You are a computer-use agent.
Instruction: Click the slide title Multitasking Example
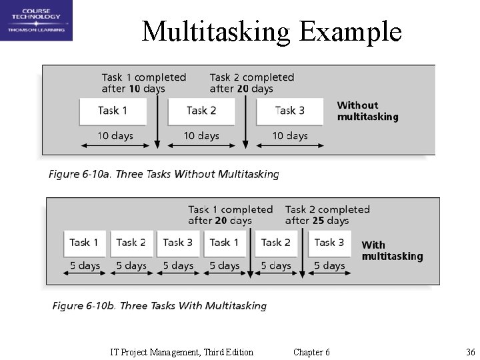click(x=271, y=31)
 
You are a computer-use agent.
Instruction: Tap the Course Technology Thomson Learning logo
click(x=36, y=21)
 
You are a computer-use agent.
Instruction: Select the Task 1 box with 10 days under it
click(x=113, y=111)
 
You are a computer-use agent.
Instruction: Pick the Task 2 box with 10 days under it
click(x=201, y=111)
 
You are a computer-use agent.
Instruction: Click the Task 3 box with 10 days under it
click(x=289, y=111)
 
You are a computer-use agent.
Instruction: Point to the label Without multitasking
click(x=367, y=111)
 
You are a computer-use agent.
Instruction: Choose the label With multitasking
click(x=392, y=251)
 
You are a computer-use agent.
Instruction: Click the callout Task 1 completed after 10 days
click(x=143, y=83)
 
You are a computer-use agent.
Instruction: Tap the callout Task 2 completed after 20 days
click(x=251, y=83)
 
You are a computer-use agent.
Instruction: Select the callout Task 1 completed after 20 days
click(x=230, y=215)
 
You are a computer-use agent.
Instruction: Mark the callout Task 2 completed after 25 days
click(x=327, y=215)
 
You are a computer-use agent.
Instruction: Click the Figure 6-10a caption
click(x=163, y=175)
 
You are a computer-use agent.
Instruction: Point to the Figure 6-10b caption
click(x=159, y=306)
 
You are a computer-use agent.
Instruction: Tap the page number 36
click(x=470, y=352)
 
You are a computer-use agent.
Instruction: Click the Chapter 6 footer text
click(x=311, y=352)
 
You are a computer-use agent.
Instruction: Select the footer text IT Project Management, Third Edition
click(x=181, y=352)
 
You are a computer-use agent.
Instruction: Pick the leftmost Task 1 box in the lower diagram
click(x=84, y=243)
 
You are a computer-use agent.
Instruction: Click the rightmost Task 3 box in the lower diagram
click(x=329, y=243)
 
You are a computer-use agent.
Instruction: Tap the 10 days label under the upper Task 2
click(x=201, y=136)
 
